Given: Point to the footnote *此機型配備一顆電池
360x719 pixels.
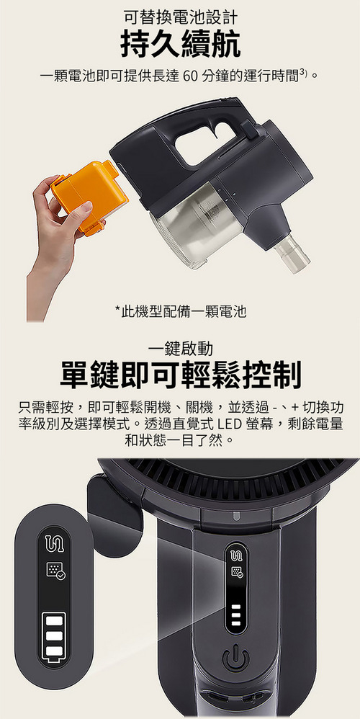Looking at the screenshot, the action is tap(181, 312).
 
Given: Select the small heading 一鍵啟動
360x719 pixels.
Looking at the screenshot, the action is tap(180, 349).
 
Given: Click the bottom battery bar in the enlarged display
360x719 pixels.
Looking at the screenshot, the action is tap(54, 651).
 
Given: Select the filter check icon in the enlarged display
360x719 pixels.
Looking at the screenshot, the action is tap(55, 571).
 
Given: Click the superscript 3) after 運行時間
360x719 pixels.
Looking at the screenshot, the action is tap(302, 72).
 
